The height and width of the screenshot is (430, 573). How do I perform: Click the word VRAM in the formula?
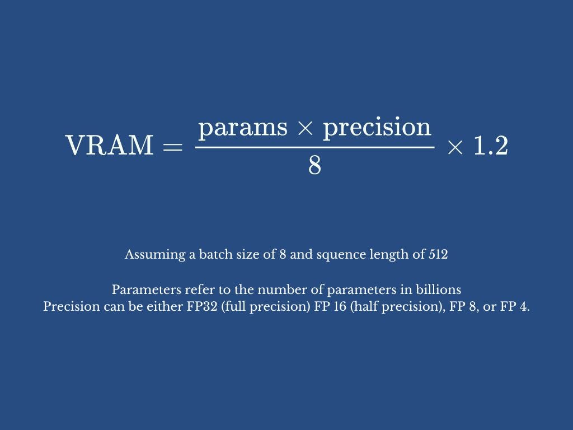click(109, 145)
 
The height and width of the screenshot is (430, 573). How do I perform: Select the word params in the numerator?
click(243, 128)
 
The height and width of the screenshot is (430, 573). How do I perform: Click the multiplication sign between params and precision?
click(305, 128)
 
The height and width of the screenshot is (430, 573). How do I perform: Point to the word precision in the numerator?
click(377, 128)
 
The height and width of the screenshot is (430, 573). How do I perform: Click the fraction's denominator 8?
click(314, 165)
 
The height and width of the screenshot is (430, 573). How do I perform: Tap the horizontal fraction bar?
click(314, 147)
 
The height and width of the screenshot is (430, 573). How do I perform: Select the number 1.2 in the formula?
click(491, 146)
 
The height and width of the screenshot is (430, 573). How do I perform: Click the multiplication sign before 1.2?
click(455, 148)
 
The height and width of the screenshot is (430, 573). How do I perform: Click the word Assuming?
click(155, 255)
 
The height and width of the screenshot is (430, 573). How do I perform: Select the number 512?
click(438, 254)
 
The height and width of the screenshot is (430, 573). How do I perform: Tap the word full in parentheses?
click(234, 306)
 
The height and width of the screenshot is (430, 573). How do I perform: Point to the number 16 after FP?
click(340, 306)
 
